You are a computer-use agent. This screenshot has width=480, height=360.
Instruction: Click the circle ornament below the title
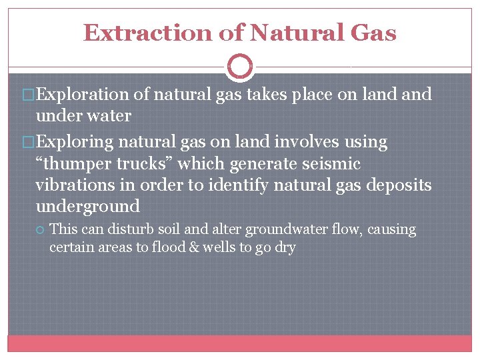(239, 66)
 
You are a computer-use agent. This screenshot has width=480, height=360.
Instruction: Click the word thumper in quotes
(77, 163)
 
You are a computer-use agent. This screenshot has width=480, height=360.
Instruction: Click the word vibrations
(74, 185)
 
